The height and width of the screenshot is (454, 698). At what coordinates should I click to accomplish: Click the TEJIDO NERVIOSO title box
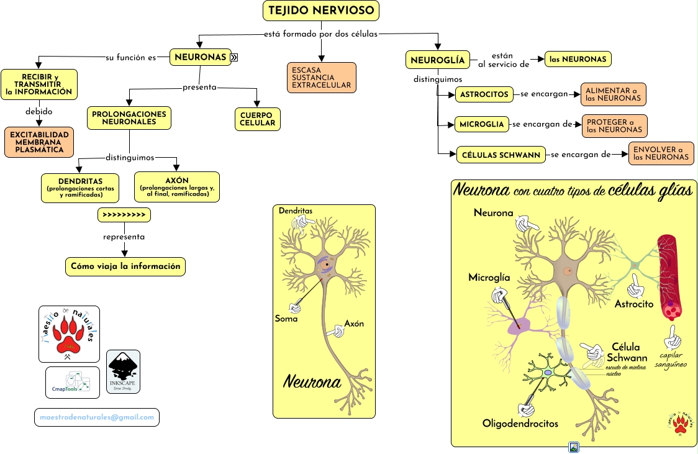click(x=321, y=11)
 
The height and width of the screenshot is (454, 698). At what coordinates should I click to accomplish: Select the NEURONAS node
click(x=200, y=57)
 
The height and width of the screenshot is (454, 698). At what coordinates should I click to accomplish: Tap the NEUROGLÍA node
click(x=438, y=60)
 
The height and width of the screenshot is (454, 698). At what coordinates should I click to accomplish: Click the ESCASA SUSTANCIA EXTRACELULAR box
click(x=322, y=78)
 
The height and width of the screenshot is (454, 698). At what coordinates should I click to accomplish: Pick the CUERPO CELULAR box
click(x=257, y=119)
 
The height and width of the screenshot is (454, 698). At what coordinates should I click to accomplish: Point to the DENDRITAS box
click(x=80, y=188)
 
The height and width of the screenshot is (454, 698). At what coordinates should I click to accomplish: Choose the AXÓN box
click(x=177, y=187)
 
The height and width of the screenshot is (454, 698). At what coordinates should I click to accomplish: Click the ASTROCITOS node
click(x=484, y=94)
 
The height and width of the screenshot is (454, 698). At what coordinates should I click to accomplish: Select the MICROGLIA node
click(x=482, y=124)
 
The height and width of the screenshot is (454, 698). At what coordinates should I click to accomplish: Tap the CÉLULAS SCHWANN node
click(x=501, y=155)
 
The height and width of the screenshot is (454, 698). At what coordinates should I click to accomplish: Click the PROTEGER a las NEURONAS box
click(x=614, y=125)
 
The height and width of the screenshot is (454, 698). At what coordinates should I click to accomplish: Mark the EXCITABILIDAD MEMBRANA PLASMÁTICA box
click(x=39, y=142)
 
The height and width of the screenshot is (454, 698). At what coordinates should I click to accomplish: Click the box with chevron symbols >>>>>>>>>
click(x=124, y=215)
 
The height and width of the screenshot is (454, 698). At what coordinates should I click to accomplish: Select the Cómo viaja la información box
click(x=125, y=266)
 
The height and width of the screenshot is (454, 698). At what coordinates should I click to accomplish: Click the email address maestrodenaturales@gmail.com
click(x=97, y=417)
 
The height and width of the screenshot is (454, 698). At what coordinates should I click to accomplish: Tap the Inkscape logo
click(x=123, y=371)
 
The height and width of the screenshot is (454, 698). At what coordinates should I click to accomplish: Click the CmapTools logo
click(x=72, y=382)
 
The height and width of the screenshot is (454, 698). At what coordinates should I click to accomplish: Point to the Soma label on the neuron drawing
click(x=286, y=319)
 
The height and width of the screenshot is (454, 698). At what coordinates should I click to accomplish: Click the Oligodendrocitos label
click(x=520, y=424)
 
